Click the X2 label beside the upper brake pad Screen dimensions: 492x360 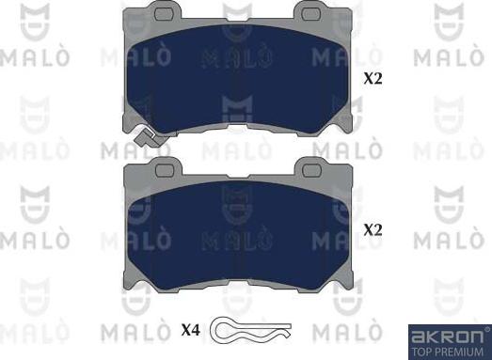click(373, 78)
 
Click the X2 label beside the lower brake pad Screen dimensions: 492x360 click(373, 230)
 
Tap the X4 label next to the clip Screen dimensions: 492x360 click(190, 330)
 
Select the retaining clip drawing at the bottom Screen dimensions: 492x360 click(250, 329)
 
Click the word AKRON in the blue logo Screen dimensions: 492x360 click(448, 337)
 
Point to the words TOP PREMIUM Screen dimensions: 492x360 click(448, 352)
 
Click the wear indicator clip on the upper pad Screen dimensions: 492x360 click(148, 137)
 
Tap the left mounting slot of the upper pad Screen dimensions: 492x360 click(165, 13)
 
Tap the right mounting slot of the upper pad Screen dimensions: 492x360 click(311, 12)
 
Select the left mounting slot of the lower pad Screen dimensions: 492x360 click(165, 170)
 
